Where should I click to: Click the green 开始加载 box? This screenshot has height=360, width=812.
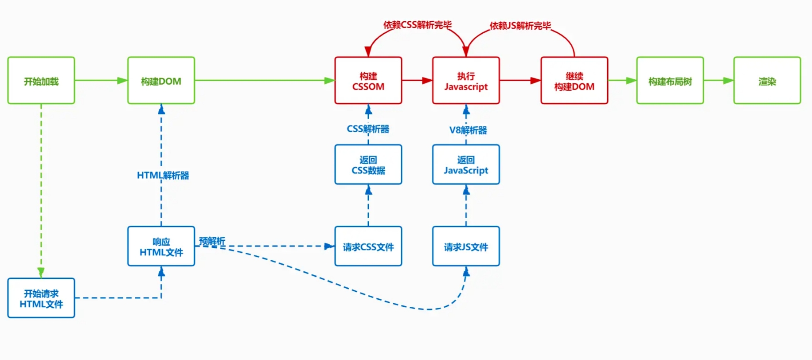pos(41,80)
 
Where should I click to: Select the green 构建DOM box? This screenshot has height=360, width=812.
pos(161,80)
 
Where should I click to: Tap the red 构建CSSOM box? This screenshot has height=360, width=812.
pos(368,80)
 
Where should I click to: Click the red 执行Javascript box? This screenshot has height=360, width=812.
pos(466,80)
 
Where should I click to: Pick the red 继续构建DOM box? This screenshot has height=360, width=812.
pos(574,80)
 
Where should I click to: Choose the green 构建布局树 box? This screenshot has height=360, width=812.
pos(670,80)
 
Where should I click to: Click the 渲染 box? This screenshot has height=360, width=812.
pos(767,80)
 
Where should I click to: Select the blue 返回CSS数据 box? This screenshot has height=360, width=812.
pos(368,164)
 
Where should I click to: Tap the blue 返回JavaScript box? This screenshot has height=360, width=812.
pos(466,164)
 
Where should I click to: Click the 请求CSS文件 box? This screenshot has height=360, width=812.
pos(368,247)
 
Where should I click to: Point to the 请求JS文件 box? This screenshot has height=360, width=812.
pos(466,247)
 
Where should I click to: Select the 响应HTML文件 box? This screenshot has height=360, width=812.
pos(161,247)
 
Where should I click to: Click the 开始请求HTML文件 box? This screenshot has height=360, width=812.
pos(41,298)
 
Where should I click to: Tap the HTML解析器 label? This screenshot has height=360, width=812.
pos(163,176)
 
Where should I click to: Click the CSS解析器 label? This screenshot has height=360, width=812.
pos(368,129)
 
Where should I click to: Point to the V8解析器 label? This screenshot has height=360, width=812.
pos(468,130)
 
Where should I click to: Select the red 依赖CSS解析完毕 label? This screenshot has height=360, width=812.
pos(418,25)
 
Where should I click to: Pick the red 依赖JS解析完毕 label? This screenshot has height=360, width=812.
pos(520,26)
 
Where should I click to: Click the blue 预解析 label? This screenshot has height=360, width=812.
pos(212,241)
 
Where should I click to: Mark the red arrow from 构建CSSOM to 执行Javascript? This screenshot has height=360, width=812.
pos(417,80)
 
